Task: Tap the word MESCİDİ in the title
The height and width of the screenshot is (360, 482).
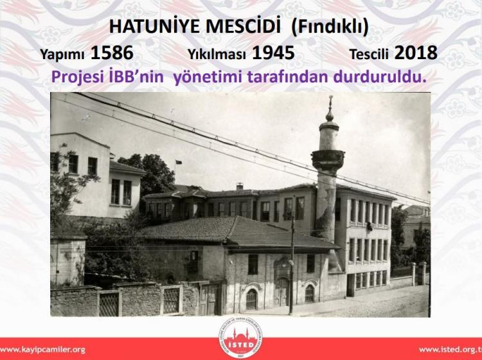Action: [243, 26]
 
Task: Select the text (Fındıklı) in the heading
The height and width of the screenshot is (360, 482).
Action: [330, 27]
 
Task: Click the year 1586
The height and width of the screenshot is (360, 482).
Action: [112, 53]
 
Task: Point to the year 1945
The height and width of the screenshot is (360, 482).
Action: [273, 53]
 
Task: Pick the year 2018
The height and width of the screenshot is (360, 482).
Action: [416, 53]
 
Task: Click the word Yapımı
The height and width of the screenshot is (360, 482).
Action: [62, 55]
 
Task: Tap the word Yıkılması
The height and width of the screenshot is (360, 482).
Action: [217, 55]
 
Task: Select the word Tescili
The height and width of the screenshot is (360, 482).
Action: [369, 55]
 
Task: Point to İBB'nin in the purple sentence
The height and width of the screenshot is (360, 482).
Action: [136, 77]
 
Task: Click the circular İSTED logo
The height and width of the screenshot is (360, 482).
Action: [241, 337]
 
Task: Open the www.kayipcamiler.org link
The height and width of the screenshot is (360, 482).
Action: [42, 350]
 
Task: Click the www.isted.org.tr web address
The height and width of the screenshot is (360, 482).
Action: [450, 350]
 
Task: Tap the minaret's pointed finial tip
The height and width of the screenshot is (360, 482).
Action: [330, 96]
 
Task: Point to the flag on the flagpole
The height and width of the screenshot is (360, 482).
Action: [179, 162]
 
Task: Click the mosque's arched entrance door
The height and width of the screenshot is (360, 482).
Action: [282, 291]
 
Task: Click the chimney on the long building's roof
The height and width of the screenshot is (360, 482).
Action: [240, 186]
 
